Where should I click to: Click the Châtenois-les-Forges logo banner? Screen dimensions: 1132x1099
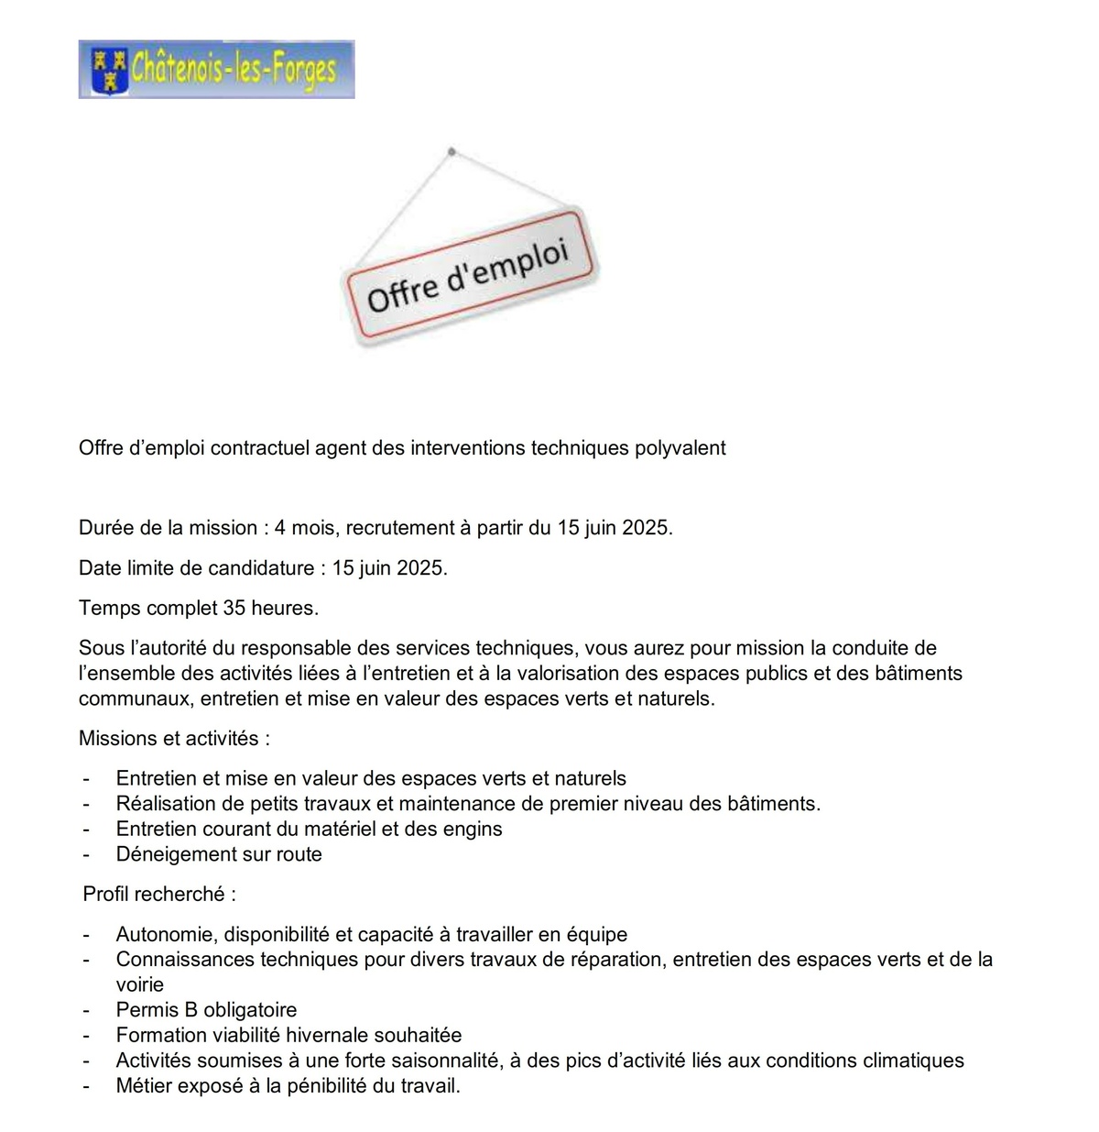coord(216,69)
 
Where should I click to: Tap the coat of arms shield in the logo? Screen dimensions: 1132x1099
coord(109,70)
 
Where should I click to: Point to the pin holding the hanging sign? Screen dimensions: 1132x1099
coord(451,151)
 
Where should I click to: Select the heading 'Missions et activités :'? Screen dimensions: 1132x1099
coord(174,739)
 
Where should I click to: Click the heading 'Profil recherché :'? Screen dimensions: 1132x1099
coord(159,894)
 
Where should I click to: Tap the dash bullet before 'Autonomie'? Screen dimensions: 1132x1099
coord(86,935)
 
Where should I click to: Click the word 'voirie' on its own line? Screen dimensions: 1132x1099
coord(140,985)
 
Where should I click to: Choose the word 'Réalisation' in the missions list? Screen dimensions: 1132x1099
coord(167,804)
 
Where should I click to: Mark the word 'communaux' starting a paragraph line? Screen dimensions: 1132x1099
coord(135,698)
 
